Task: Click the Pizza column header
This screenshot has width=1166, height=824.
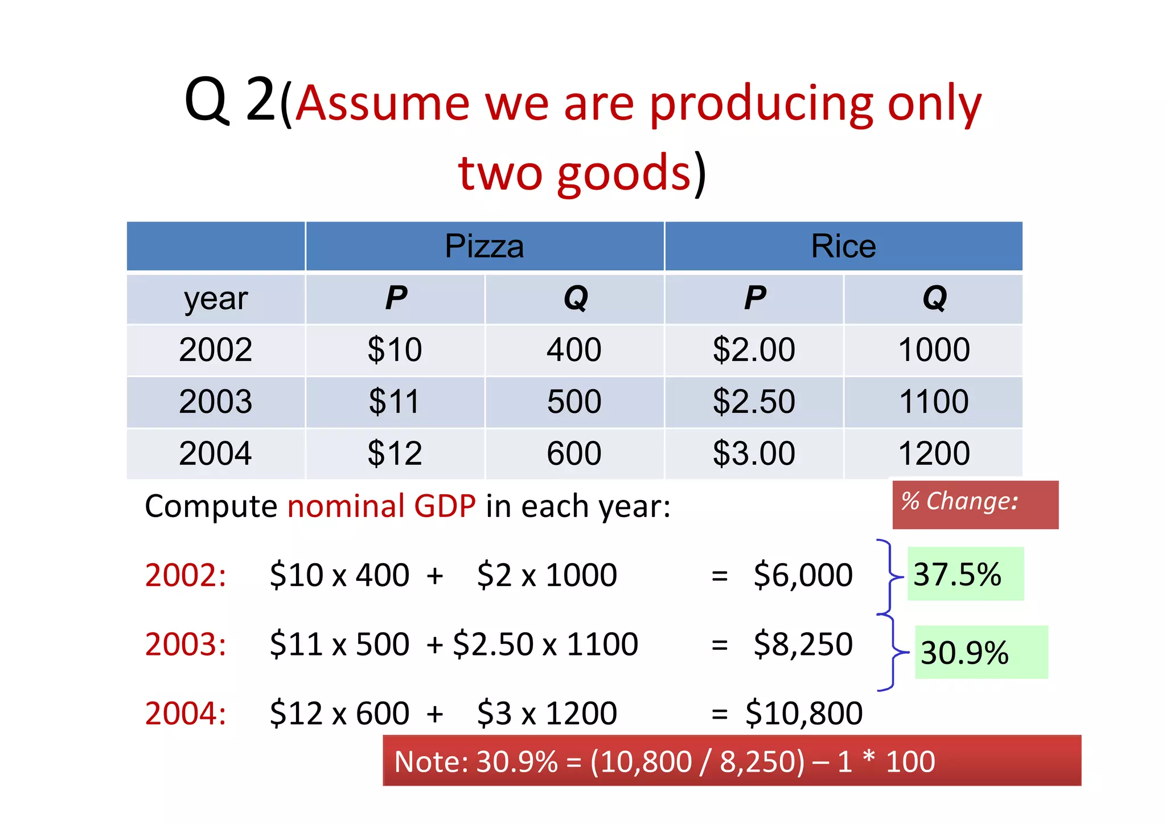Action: click(485, 246)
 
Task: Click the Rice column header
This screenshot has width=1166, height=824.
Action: click(843, 246)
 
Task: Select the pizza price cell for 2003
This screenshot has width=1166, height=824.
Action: click(395, 401)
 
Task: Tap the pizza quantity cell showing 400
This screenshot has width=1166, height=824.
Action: click(574, 350)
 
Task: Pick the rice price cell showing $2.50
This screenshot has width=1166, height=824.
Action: click(754, 401)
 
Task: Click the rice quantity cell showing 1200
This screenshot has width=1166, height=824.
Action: click(934, 453)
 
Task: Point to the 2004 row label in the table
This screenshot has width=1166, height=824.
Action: click(215, 453)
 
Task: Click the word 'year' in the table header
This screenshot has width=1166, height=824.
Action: click(215, 298)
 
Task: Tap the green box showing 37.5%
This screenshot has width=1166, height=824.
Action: click(965, 574)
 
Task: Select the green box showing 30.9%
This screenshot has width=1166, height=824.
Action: click(980, 652)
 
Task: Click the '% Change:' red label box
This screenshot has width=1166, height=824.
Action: click(975, 504)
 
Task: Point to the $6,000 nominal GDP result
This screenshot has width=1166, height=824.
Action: click(803, 575)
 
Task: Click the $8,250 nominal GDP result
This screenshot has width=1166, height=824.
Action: click(803, 644)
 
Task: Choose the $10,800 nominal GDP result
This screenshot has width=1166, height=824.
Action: click(804, 713)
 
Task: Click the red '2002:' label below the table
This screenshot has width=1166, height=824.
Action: click(186, 575)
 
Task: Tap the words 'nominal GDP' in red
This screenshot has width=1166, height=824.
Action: click(381, 506)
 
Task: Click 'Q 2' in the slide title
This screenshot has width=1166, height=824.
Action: click(231, 100)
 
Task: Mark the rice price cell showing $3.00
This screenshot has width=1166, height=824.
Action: click(754, 453)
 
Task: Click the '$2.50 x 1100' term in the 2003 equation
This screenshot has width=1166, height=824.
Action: click(545, 644)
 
